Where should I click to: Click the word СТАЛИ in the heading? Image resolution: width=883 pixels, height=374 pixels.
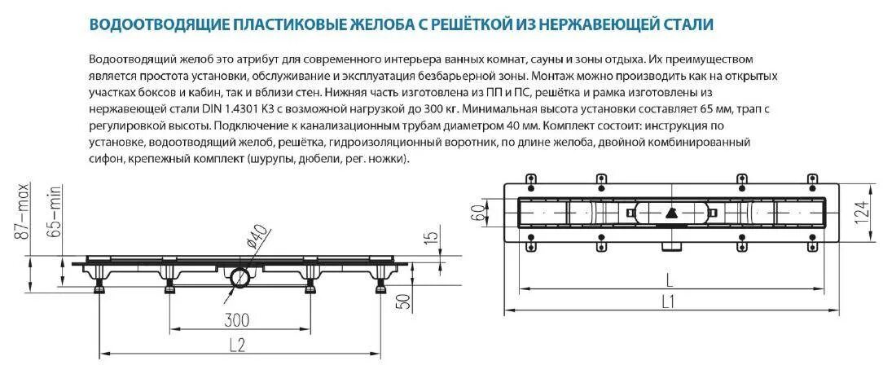[688, 25]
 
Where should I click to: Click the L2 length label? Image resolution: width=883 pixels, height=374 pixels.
[235, 345]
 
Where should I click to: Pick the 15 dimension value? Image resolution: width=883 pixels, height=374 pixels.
[433, 239]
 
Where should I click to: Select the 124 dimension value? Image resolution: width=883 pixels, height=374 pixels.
[861, 213]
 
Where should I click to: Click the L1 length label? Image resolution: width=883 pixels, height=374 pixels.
[668, 301]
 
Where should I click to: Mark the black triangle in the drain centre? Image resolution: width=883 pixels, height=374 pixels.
[670, 213]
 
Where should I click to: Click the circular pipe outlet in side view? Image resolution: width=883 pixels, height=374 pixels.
[241, 277]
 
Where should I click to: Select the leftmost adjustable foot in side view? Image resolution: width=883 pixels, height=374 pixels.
[100, 286]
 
